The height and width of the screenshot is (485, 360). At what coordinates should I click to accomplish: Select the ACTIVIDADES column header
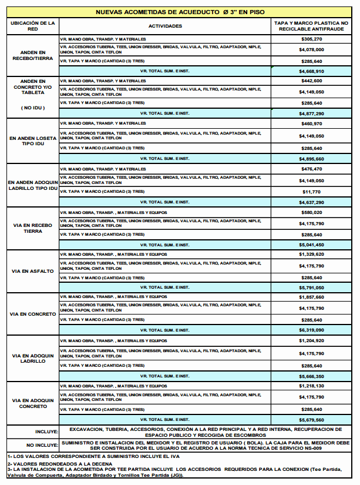[165, 26]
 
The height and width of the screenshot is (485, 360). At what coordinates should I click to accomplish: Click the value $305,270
[311, 39]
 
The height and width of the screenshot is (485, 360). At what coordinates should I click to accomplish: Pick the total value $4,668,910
[311, 71]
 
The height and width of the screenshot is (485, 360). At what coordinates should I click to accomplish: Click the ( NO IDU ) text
[32, 108]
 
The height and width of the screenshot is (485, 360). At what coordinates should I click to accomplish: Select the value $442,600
[311, 81]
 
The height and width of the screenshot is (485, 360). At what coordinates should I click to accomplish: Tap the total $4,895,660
[311, 159]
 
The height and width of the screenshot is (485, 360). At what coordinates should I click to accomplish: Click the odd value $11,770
[311, 192]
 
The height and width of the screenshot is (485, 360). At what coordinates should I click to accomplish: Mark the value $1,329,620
[311, 255]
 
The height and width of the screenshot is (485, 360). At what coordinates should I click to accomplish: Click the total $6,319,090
[311, 330]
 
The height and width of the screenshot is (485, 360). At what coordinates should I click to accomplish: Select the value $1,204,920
[311, 341]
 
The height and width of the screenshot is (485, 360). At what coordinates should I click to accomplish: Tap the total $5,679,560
[311, 420]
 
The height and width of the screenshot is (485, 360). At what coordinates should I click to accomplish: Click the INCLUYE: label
[46, 432]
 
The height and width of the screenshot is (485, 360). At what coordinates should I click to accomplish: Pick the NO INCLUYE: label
[42, 445]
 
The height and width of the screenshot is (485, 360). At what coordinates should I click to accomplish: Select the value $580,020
[311, 212]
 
